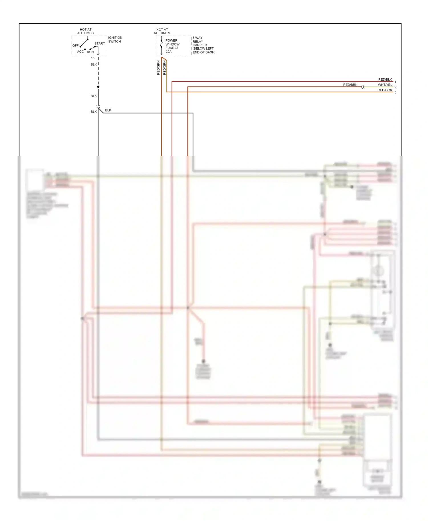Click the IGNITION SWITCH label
pyautogui.click(x=115, y=40)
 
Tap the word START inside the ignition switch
pyautogui.click(x=100, y=44)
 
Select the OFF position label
pyautogui.click(x=75, y=46)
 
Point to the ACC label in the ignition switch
pyautogui.click(x=80, y=52)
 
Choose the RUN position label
pyautogui.click(x=90, y=52)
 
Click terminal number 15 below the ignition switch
pyautogui.click(x=93, y=58)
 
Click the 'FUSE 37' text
pyautogui.click(x=172, y=48)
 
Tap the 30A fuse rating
pyautogui.click(x=169, y=52)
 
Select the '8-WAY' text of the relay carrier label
pyautogui.click(x=197, y=38)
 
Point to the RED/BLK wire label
pyautogui.click(x=385, y=80)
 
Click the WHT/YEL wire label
pyautogui.click(x=385, y=85)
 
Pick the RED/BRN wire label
pyautogui.click(x=350, y=85)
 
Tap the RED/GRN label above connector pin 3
pyautogui.click(x=385, y=90)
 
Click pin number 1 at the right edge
pyautogui.click(x=395, y=82)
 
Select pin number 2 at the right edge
pyautogui.click(x=395, y=87)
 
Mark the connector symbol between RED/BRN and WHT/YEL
pyautogui.click(x=363, y=87)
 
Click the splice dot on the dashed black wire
pyautogui.click(x=98, y=87)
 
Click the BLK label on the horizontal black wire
pyautogui.click(x=108, y=110)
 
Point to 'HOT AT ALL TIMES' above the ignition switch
pyautogui.click(x=85, y=31)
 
